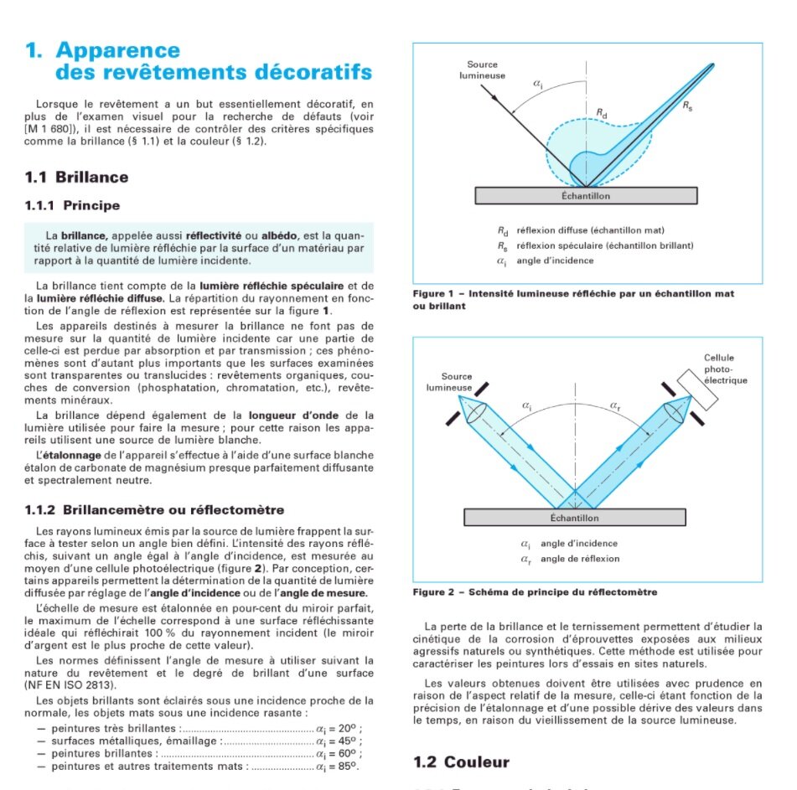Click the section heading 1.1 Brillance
pos(77,177)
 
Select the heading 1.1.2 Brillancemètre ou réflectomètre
pos(162,509)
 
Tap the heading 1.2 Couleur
pos(462,762)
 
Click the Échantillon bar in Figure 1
pos(586,196)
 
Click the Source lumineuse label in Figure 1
pos(482,70)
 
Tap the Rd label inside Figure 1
pos(602,111)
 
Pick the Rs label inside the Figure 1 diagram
pos(687,106)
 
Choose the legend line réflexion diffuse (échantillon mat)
pos(591,230)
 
